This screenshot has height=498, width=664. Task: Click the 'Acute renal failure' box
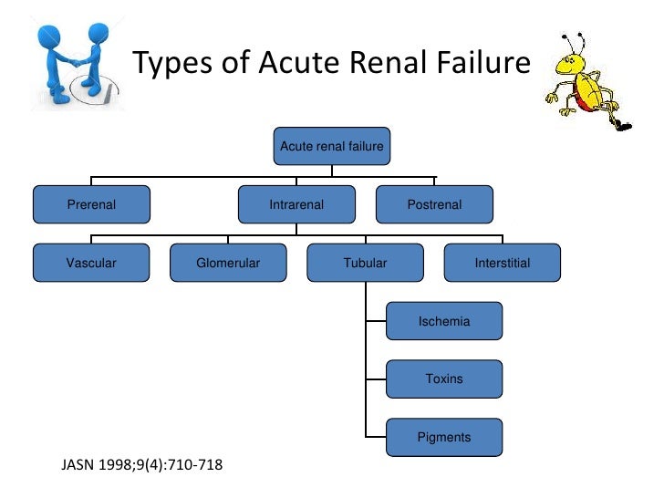332,146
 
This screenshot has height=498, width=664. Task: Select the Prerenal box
91,205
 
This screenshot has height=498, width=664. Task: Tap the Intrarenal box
296,205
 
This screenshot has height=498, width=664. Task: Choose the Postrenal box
434,205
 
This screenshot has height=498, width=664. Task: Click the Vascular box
91,264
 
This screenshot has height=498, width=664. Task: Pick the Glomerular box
228,264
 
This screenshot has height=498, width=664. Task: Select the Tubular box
365,264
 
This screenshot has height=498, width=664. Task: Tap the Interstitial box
502,264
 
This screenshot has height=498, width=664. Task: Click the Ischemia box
444,322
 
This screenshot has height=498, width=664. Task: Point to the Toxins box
444,379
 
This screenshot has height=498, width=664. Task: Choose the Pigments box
444,437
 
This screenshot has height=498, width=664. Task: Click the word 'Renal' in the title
387,64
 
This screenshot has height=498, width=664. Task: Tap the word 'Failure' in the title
480,64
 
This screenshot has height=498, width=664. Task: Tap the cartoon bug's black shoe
622,122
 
